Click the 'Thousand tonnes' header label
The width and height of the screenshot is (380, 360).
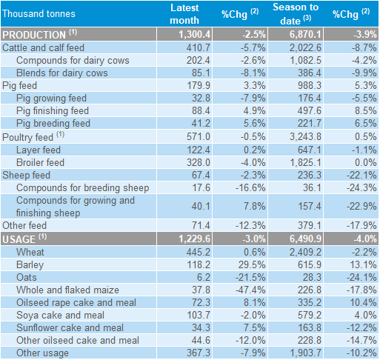tap(39, 13)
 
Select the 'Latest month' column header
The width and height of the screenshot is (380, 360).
tap(184, 14)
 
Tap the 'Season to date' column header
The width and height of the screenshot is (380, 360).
tap(296, 14)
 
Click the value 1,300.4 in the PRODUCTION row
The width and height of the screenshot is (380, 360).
tap(195, 34)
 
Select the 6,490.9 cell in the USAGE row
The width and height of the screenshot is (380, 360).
tap(305, 239)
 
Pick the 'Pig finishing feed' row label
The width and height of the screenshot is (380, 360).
tap(53, 110)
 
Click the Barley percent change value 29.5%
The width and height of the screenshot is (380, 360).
tap(252, 264)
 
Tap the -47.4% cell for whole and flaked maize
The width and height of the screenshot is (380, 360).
tap(250, 290)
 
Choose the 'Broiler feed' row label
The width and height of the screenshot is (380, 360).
tap(40, 162)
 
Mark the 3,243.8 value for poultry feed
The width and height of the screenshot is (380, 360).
tap(305, 136)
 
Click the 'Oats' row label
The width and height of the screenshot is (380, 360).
tap(27, 277)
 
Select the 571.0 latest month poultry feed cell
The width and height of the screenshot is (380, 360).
tap(199, 136)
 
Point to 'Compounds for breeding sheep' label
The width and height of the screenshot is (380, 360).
tap(83, 188)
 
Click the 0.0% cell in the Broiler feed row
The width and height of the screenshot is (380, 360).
tap(366, 162)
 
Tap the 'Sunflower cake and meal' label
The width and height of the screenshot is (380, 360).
tap(70, 327)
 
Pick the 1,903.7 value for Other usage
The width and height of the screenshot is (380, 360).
tap(306, 353)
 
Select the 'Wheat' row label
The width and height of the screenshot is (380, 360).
tap(30, 252)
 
